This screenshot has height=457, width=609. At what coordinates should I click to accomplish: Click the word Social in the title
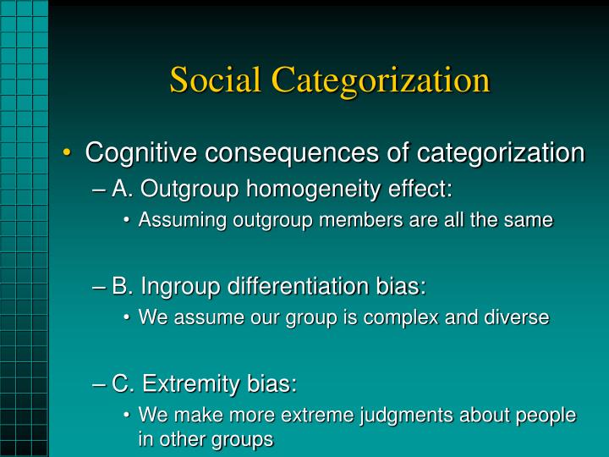tap(216, 80)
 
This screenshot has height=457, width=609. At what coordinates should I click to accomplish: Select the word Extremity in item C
tap(178, 384)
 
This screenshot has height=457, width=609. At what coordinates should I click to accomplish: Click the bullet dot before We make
tap(126, 416)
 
